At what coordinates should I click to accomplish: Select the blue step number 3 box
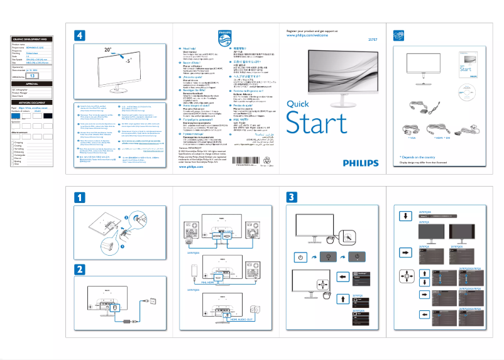click(291, 197)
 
